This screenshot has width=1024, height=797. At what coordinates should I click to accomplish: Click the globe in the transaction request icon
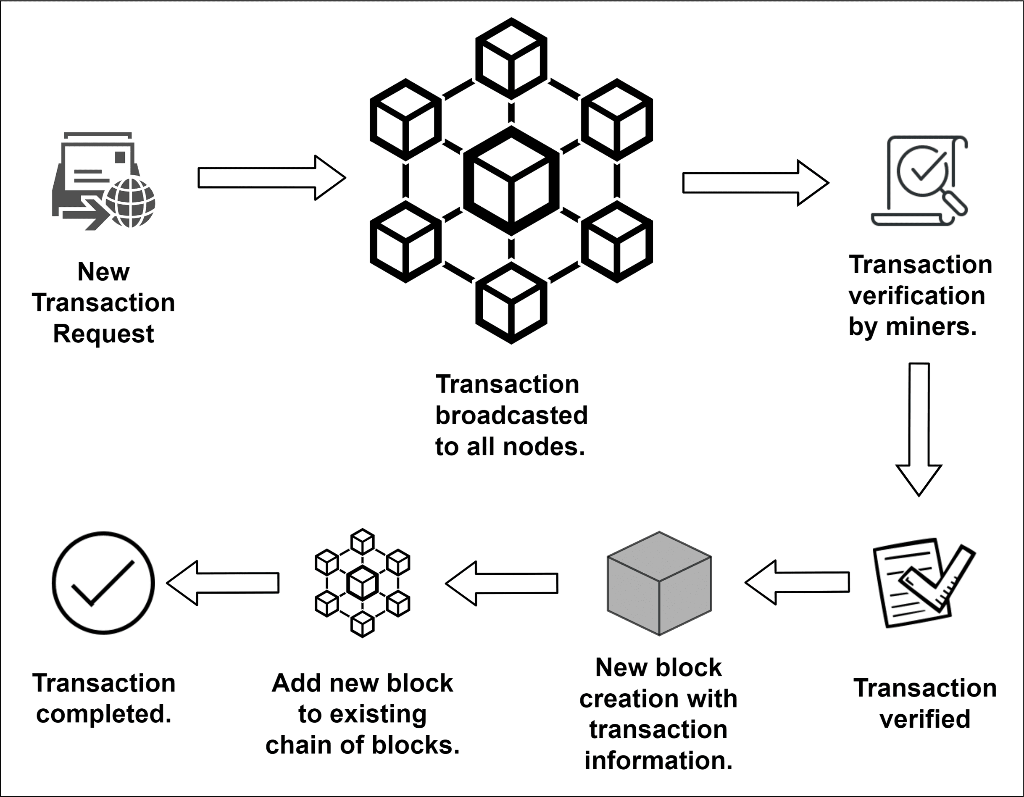click(x=130, y=203)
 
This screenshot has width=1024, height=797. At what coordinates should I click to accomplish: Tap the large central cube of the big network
click(x=511, y=181)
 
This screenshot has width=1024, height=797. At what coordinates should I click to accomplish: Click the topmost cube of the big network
click(x=511, y=58)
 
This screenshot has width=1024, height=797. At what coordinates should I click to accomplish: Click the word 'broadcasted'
click(x=511, y=416)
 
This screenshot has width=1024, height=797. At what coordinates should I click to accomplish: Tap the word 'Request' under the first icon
click(x=103, y=334)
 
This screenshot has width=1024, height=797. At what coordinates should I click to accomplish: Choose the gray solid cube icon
click(x=659, y=584)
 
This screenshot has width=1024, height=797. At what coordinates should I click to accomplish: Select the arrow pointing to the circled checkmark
click(x=223, y=583)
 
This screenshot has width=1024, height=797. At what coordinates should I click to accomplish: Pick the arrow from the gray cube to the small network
click(x=502, y=583)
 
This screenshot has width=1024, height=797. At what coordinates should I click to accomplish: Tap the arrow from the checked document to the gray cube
click(x=797, y=582)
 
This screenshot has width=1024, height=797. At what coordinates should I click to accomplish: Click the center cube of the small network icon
click(x=363, y=583)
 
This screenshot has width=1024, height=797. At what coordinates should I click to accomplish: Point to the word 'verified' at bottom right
click(x=924, y=719)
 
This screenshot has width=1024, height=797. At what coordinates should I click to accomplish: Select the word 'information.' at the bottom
click(x=658, y=760)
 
